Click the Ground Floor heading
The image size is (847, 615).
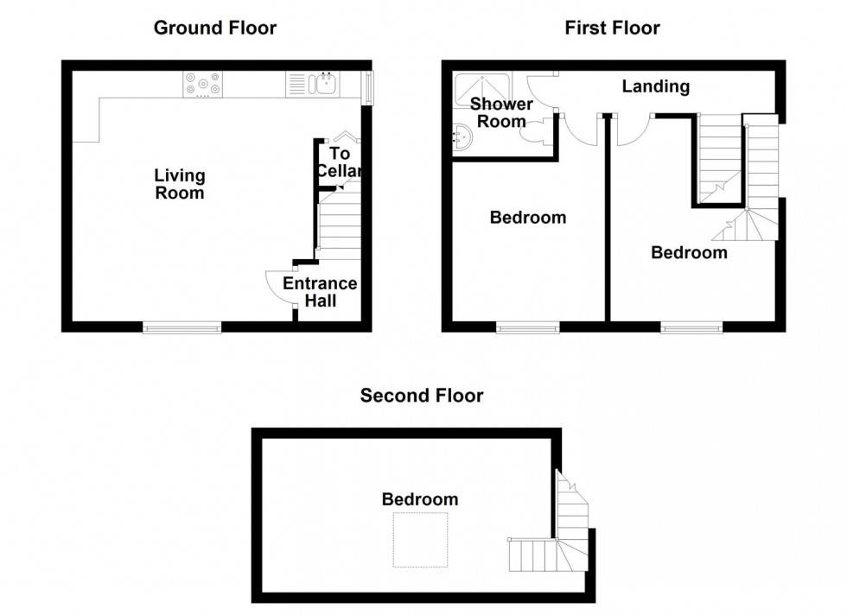point(214,28)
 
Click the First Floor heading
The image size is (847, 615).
point(612,28)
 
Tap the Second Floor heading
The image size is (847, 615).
point(422,396)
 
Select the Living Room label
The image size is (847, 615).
point(180,184)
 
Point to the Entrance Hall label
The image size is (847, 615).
point(320,292)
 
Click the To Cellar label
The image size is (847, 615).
point(338,163)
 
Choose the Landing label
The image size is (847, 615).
point(656,86)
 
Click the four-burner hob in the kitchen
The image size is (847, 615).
point(202,84)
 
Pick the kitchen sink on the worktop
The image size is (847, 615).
point(326,84)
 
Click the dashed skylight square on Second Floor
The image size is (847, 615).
point(420,540)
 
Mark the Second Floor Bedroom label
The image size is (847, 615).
point(420,499)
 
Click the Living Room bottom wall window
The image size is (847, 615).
point(181,327)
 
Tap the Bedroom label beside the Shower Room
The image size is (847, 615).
point(527,218)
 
